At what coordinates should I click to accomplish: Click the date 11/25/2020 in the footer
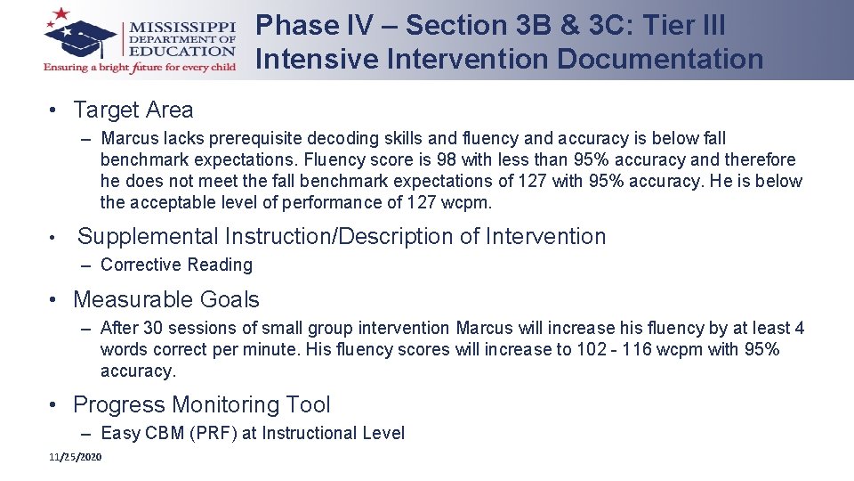pyautogui.click(x=76, y=457)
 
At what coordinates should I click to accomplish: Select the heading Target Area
pyautogui.click(x=133, y=110)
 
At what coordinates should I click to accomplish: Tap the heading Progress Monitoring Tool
pyautogui.click(x=201, y=404)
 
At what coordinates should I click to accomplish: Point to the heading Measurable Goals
pyautogui.click(x=165, y=299)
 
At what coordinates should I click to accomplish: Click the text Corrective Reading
pyautogui.click(x=176, y=265)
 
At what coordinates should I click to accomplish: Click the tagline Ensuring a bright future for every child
pyautogui.click(x=140, y=68)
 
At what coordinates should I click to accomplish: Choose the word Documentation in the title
pyautogui.click(x=659, y=59)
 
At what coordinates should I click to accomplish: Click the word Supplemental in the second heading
pyautogui.click(x=148, y=236)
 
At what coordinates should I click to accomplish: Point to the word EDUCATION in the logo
pyautogui.click(x=182, y=52)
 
